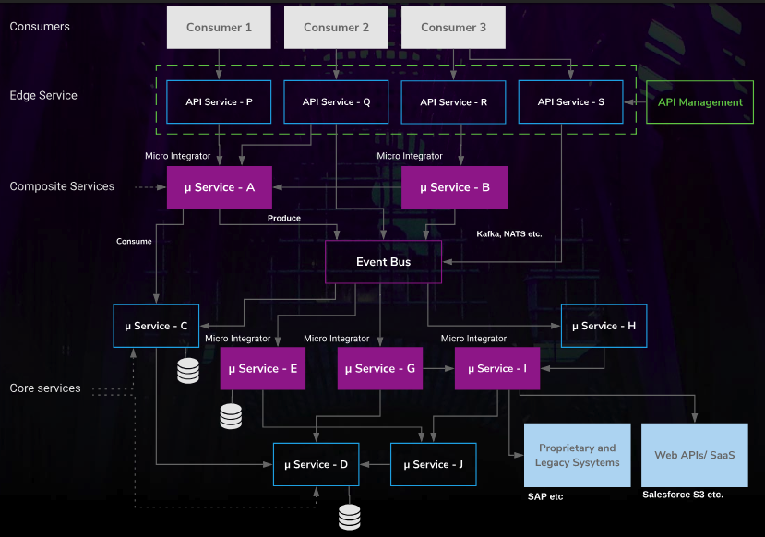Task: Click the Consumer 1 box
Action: click(x=219, y=28)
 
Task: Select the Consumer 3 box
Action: click(x=453, y=28)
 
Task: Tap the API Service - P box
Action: click(x=219, y=102)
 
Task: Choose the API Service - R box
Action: click(x=453, y=102)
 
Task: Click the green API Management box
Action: click(x=699, y=102)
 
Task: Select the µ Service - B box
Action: click(x=454, y=187)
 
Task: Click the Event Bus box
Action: click(x=383, y=262)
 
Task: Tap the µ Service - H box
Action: click(x=604, y=326)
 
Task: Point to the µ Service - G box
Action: click(x=379, y=369)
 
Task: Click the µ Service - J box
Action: click(x=433, y=464)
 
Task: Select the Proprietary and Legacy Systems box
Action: click(x=577, y=455)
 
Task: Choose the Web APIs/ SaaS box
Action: click(x=694, y=455)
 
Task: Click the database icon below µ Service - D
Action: click(x=349, y=517)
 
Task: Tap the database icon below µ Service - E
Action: click(x=231, y=416)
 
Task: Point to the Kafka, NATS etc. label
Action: click(x=508, y=234)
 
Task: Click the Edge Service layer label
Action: click(x=43, y=96)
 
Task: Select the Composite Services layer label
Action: click(x=62, y=186)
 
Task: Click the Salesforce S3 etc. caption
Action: click(x=683, y=495)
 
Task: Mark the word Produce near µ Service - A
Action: click(x=283, y=219)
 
